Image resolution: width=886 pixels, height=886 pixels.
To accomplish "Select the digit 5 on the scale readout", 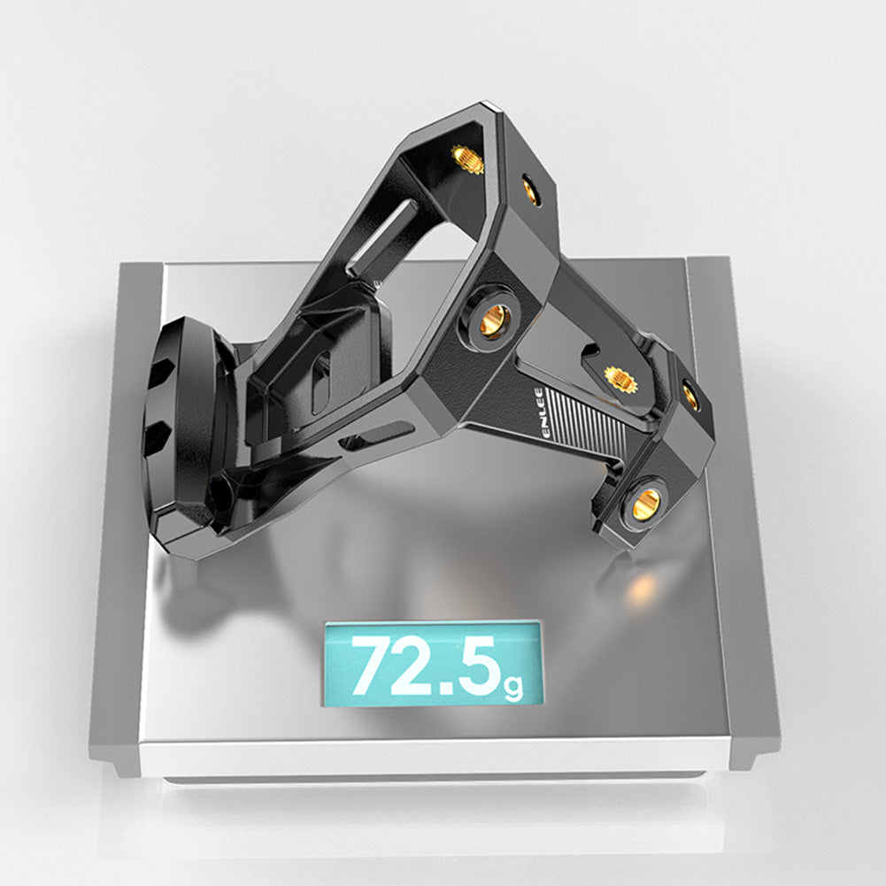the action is pos(481,666).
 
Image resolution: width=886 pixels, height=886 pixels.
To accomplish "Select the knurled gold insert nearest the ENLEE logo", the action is pos(620,379).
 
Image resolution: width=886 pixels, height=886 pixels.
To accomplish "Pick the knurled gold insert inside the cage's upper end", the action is pos(467,159).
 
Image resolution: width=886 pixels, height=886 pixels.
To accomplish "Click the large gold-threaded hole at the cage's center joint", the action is pos(494,320).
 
